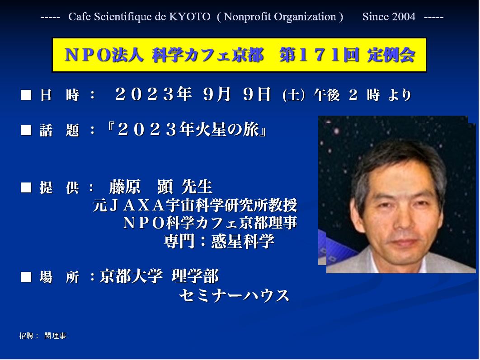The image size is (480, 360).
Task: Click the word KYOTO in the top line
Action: click(x=190, y=17)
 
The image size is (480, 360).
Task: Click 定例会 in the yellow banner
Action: click(x=391, y=56)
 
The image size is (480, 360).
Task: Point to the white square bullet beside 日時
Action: click(x=26, y=95)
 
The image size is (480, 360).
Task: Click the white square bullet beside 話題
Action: click(x=26, y=130)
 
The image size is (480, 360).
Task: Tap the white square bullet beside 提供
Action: click(x=26, y=187)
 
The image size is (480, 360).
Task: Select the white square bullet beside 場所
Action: click(x=26, y=276)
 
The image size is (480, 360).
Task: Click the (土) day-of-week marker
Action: click(x=294, y=95)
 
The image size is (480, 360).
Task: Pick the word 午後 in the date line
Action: click(x=327, y=95)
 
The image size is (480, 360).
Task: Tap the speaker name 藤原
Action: click(x=125, y=186)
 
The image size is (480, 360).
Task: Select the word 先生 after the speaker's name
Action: click(x=197, y=186)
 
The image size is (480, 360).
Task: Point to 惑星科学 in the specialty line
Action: click(x=242, y=241)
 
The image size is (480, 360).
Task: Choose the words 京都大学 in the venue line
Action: click(x=131, y=276)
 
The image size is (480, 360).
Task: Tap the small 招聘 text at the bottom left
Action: click(x=26, y=336)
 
